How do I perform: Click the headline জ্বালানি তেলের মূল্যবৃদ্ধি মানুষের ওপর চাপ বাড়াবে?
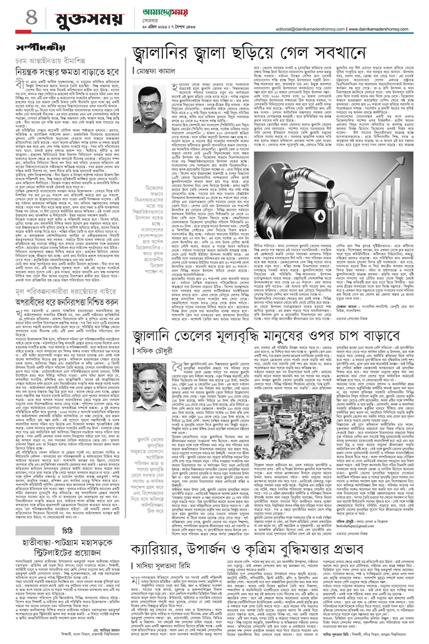[274, 320]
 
